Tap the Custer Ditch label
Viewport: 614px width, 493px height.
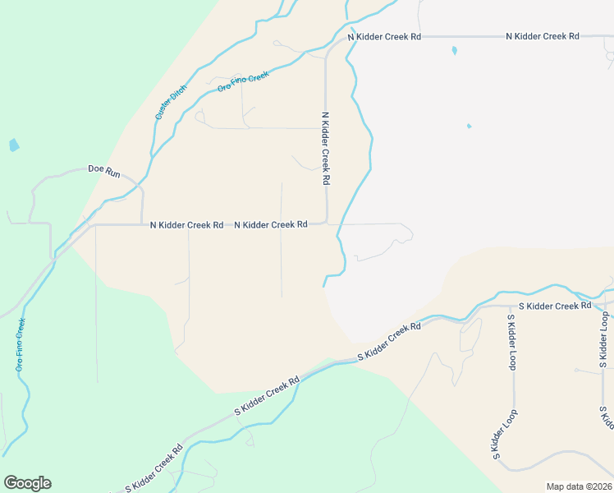(171, 103)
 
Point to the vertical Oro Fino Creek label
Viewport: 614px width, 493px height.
(21, 344)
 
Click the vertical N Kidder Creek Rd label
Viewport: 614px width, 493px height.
(326, 148)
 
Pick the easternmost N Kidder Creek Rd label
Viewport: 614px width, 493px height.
(543, 37)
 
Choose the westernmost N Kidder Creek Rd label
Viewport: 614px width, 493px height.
(187, 224)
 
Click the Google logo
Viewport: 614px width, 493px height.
(27, 483)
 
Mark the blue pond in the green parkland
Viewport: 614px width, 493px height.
(14, 145)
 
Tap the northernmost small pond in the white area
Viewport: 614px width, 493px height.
(454, 50)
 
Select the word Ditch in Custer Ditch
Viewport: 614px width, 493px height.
(180, 91)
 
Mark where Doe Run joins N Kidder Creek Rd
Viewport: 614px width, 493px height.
(144, 223)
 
